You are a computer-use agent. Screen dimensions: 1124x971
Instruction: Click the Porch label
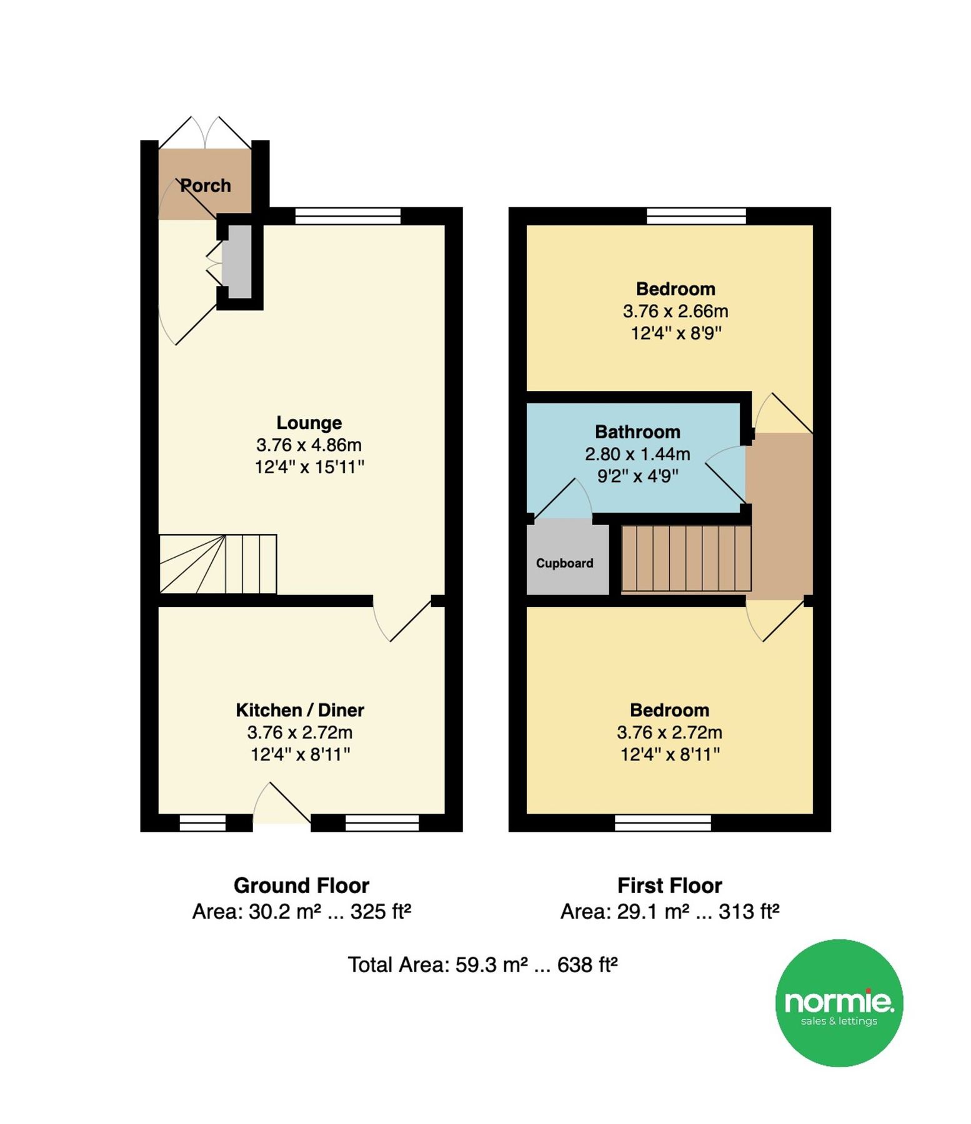pos(206,185)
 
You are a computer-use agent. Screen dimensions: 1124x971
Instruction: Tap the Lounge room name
pos(309,423)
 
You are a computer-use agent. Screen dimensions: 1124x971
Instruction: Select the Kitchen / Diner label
pos(300,710)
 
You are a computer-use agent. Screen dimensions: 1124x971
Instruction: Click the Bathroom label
pos(637,431)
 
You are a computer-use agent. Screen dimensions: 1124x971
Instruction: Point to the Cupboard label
pos(564,563)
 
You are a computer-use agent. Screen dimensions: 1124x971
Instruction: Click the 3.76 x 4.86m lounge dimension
pos(309,445)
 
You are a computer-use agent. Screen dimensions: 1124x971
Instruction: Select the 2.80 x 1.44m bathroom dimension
pos(637,454)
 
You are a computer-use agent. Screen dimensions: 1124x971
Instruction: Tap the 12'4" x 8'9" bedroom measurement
pos(676,333)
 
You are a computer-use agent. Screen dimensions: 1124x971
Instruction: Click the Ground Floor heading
pos(301,885)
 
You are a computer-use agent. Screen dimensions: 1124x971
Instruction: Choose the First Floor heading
pos(670,885)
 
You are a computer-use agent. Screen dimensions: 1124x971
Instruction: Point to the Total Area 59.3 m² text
pos(482,965)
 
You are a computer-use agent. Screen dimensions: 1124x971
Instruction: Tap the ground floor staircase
pos(218,564)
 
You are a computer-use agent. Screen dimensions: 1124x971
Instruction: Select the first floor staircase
pos(686,558)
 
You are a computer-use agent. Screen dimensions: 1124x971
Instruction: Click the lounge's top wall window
pos(347,216)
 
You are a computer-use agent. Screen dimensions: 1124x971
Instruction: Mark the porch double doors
pos(205,133)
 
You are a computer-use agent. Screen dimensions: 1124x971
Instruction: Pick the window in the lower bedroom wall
pos(663,822)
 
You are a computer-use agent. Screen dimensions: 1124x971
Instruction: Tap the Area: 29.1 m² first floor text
pos(670,912)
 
